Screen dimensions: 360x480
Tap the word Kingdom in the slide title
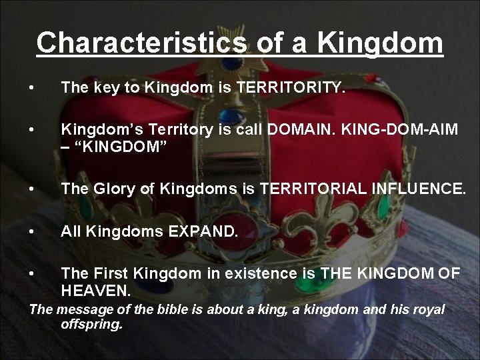tap(380, 42)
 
